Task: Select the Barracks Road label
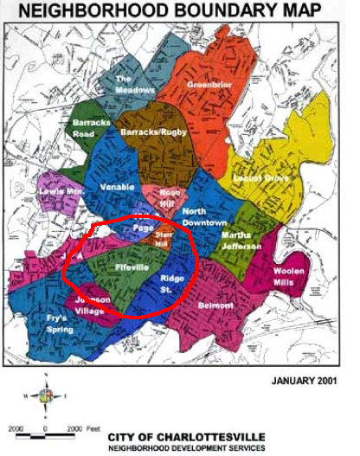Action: click(x=92, y=129)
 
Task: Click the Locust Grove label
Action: click(x=259, y=178)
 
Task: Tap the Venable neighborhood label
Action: click(x=118, y=185)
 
